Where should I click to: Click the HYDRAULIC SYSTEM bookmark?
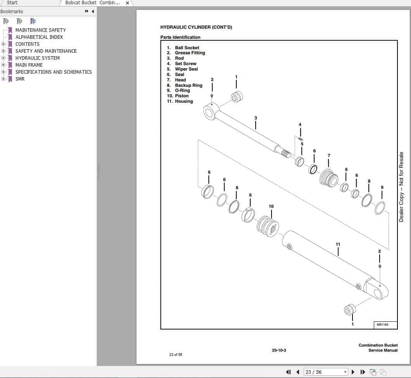click(x=37, y=58)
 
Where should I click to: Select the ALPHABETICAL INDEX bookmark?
click(x=39, y=37)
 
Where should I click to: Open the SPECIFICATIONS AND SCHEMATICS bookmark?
click(x=53, y=72)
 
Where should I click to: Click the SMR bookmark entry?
click(x=20, y=79)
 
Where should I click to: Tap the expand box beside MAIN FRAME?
click(x=3, y=65)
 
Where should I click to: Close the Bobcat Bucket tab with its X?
click(x=127, y=3)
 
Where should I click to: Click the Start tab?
click(x=12, y=3)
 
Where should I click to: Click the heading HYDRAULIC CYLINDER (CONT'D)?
click(x=196, y=27)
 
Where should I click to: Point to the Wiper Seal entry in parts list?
click(x=186, y=69)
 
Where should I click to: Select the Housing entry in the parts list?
click(x=184, y=101)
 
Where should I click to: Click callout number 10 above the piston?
click(x=271, y=206)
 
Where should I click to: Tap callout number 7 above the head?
click(x=329, y=155)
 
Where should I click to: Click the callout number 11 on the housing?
click(x=338, y=244)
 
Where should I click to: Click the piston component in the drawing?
click(x=268, y=226)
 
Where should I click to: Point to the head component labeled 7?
click(x=329, y=178)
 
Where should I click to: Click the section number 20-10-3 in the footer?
click(x=279, y=350)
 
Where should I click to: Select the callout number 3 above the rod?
click(x=256, y=118)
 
